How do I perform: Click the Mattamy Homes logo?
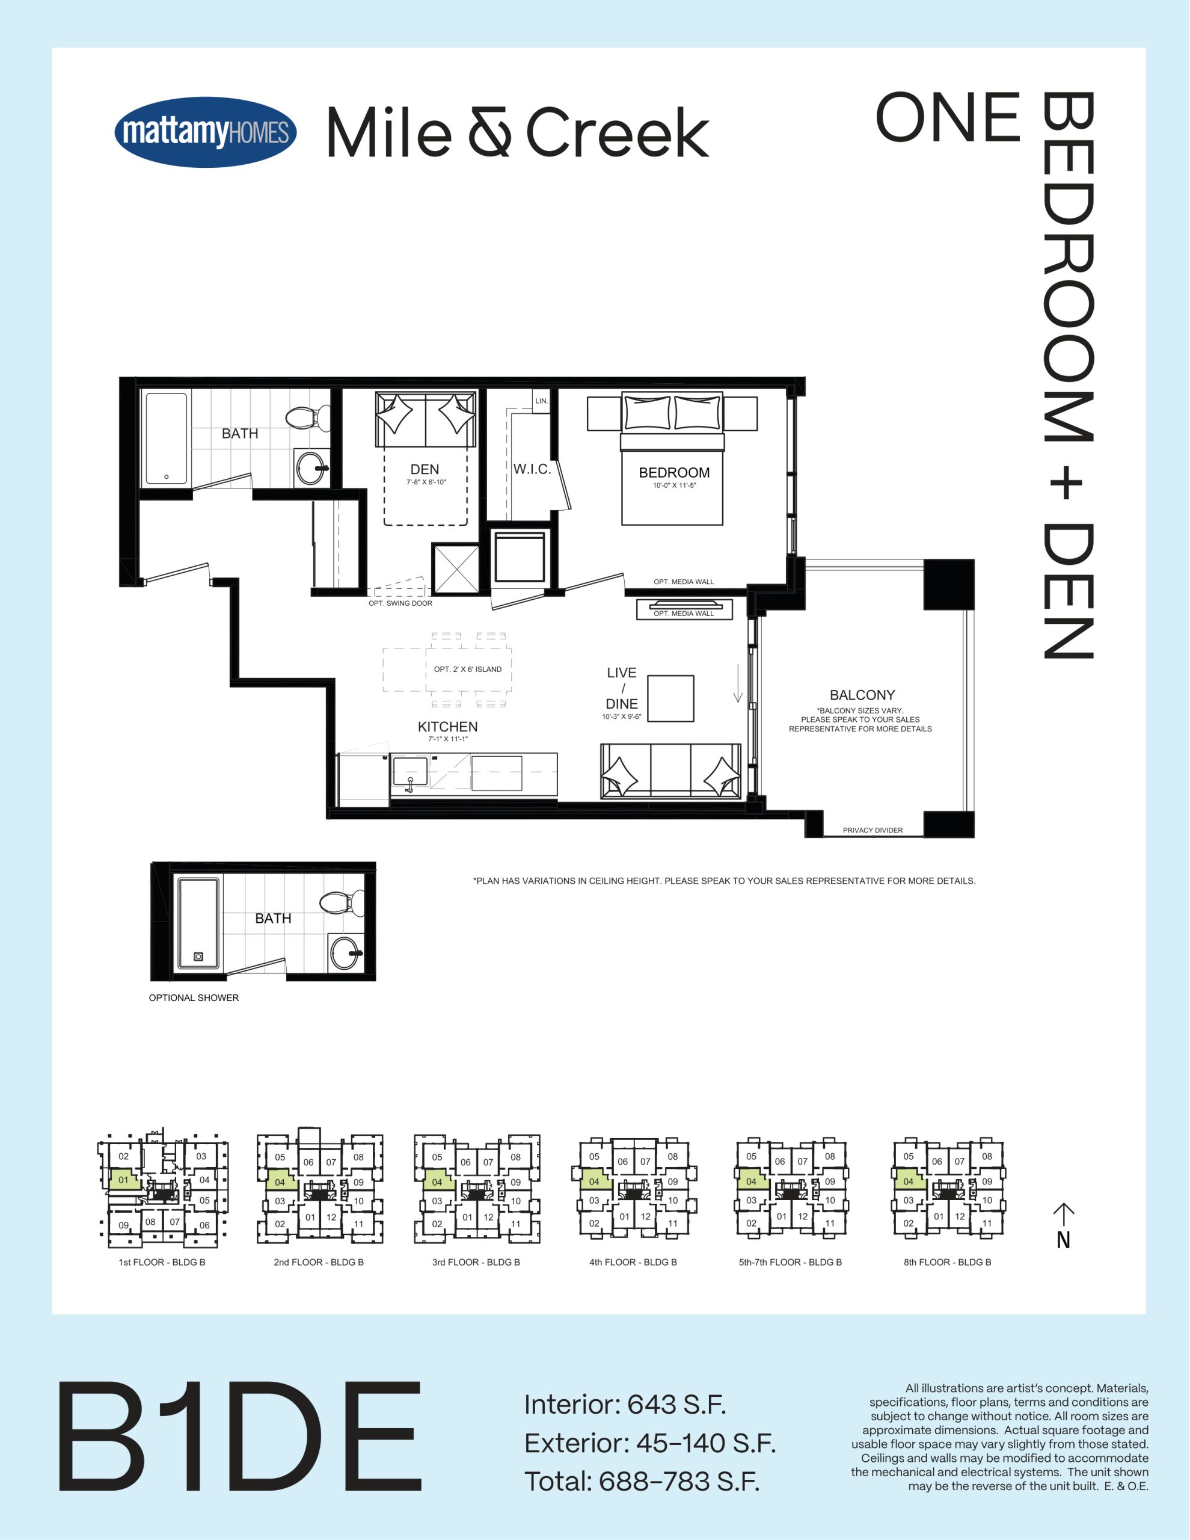click(x=205, y=132)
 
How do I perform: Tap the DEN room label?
click(x=425, y=470)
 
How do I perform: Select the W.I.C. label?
click(x=532, y=469)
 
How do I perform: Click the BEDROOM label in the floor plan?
click(x=674, y=472)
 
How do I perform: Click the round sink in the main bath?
click(x=311, y=467)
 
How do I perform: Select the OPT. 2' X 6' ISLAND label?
click(x=468, y=669)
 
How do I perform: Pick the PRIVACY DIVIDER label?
click(x=873, y=830)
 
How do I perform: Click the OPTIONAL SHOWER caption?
click(x=194, y=998)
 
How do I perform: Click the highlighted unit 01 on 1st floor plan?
click(x=123, y=1180)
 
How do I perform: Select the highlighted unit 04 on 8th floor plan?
click(x=908, y=1180)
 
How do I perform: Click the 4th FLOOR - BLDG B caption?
click(x=633, y=1262)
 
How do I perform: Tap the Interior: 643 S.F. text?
click(x=625, y=1405)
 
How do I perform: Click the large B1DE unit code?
click(x=240, y=1437)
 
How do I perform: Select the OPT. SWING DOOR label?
click(x=400, y=603)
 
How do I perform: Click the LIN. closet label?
click(x=541, y=401)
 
